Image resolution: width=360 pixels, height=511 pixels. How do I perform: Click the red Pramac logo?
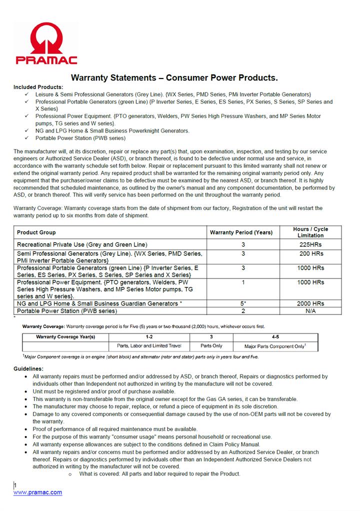(x=46, y=44)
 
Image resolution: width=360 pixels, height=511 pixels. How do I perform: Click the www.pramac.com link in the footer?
(x=37, y=492)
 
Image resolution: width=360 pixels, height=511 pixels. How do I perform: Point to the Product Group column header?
(x=36, y=232)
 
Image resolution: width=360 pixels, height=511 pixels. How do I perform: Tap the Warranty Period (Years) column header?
(x=241, y=232)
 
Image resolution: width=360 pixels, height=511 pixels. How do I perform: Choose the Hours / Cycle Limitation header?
(x=310, y=232)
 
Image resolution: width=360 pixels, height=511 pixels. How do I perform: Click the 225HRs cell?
(x=310, y=244)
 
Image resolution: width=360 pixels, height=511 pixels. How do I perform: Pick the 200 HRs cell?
(x=310, y=254)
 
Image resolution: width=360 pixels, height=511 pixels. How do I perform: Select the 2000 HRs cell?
(x=310, y=303)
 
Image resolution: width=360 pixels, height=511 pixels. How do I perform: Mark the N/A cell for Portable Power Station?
(x=310, y=310)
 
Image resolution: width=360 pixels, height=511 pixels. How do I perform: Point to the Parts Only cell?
(x=211, y=345)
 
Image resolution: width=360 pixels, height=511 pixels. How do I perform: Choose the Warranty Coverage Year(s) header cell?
(x=65, y=337)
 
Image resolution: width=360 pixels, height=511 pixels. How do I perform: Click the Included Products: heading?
(x=38, y=87)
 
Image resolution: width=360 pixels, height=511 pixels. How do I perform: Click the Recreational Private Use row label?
(x=82, y=244)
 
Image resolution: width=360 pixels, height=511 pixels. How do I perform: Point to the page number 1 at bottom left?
(x=15, y=485)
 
